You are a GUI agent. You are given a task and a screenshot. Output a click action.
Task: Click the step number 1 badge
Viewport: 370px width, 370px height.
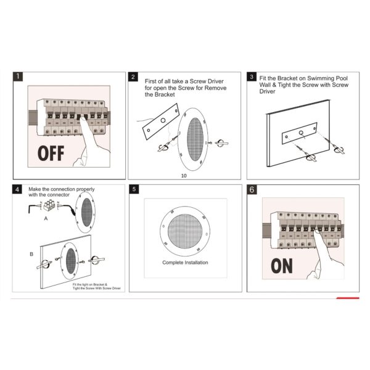18,76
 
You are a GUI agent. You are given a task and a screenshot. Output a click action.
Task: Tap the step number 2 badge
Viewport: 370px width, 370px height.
133,76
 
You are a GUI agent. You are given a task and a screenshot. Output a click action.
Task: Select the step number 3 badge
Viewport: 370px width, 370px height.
252,76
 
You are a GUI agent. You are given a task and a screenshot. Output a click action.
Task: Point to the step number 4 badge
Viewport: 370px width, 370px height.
17,189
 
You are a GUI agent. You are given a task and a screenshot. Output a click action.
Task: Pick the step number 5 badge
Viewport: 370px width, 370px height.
134,189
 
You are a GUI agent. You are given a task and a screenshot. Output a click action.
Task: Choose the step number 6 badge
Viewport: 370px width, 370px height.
252,189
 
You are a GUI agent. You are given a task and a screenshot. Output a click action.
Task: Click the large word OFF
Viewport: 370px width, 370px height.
51,154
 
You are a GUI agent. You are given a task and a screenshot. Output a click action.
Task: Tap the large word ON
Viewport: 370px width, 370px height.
282,266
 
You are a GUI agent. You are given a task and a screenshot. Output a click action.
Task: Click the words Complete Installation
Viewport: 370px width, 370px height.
185,263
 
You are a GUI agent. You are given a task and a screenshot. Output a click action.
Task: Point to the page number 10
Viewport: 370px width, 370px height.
184,176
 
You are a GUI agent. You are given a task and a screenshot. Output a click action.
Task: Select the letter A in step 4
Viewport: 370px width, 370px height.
46,218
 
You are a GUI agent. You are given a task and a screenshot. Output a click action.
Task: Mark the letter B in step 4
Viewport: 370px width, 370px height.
31,254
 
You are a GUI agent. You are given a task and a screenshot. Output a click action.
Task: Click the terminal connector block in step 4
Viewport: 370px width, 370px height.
49,205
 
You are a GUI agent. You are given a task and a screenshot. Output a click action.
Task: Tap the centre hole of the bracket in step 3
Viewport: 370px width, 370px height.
301,133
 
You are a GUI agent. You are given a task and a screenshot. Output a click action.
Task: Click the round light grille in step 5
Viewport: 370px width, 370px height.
185,231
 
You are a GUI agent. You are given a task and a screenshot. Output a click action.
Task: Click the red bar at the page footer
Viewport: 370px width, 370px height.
348,298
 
